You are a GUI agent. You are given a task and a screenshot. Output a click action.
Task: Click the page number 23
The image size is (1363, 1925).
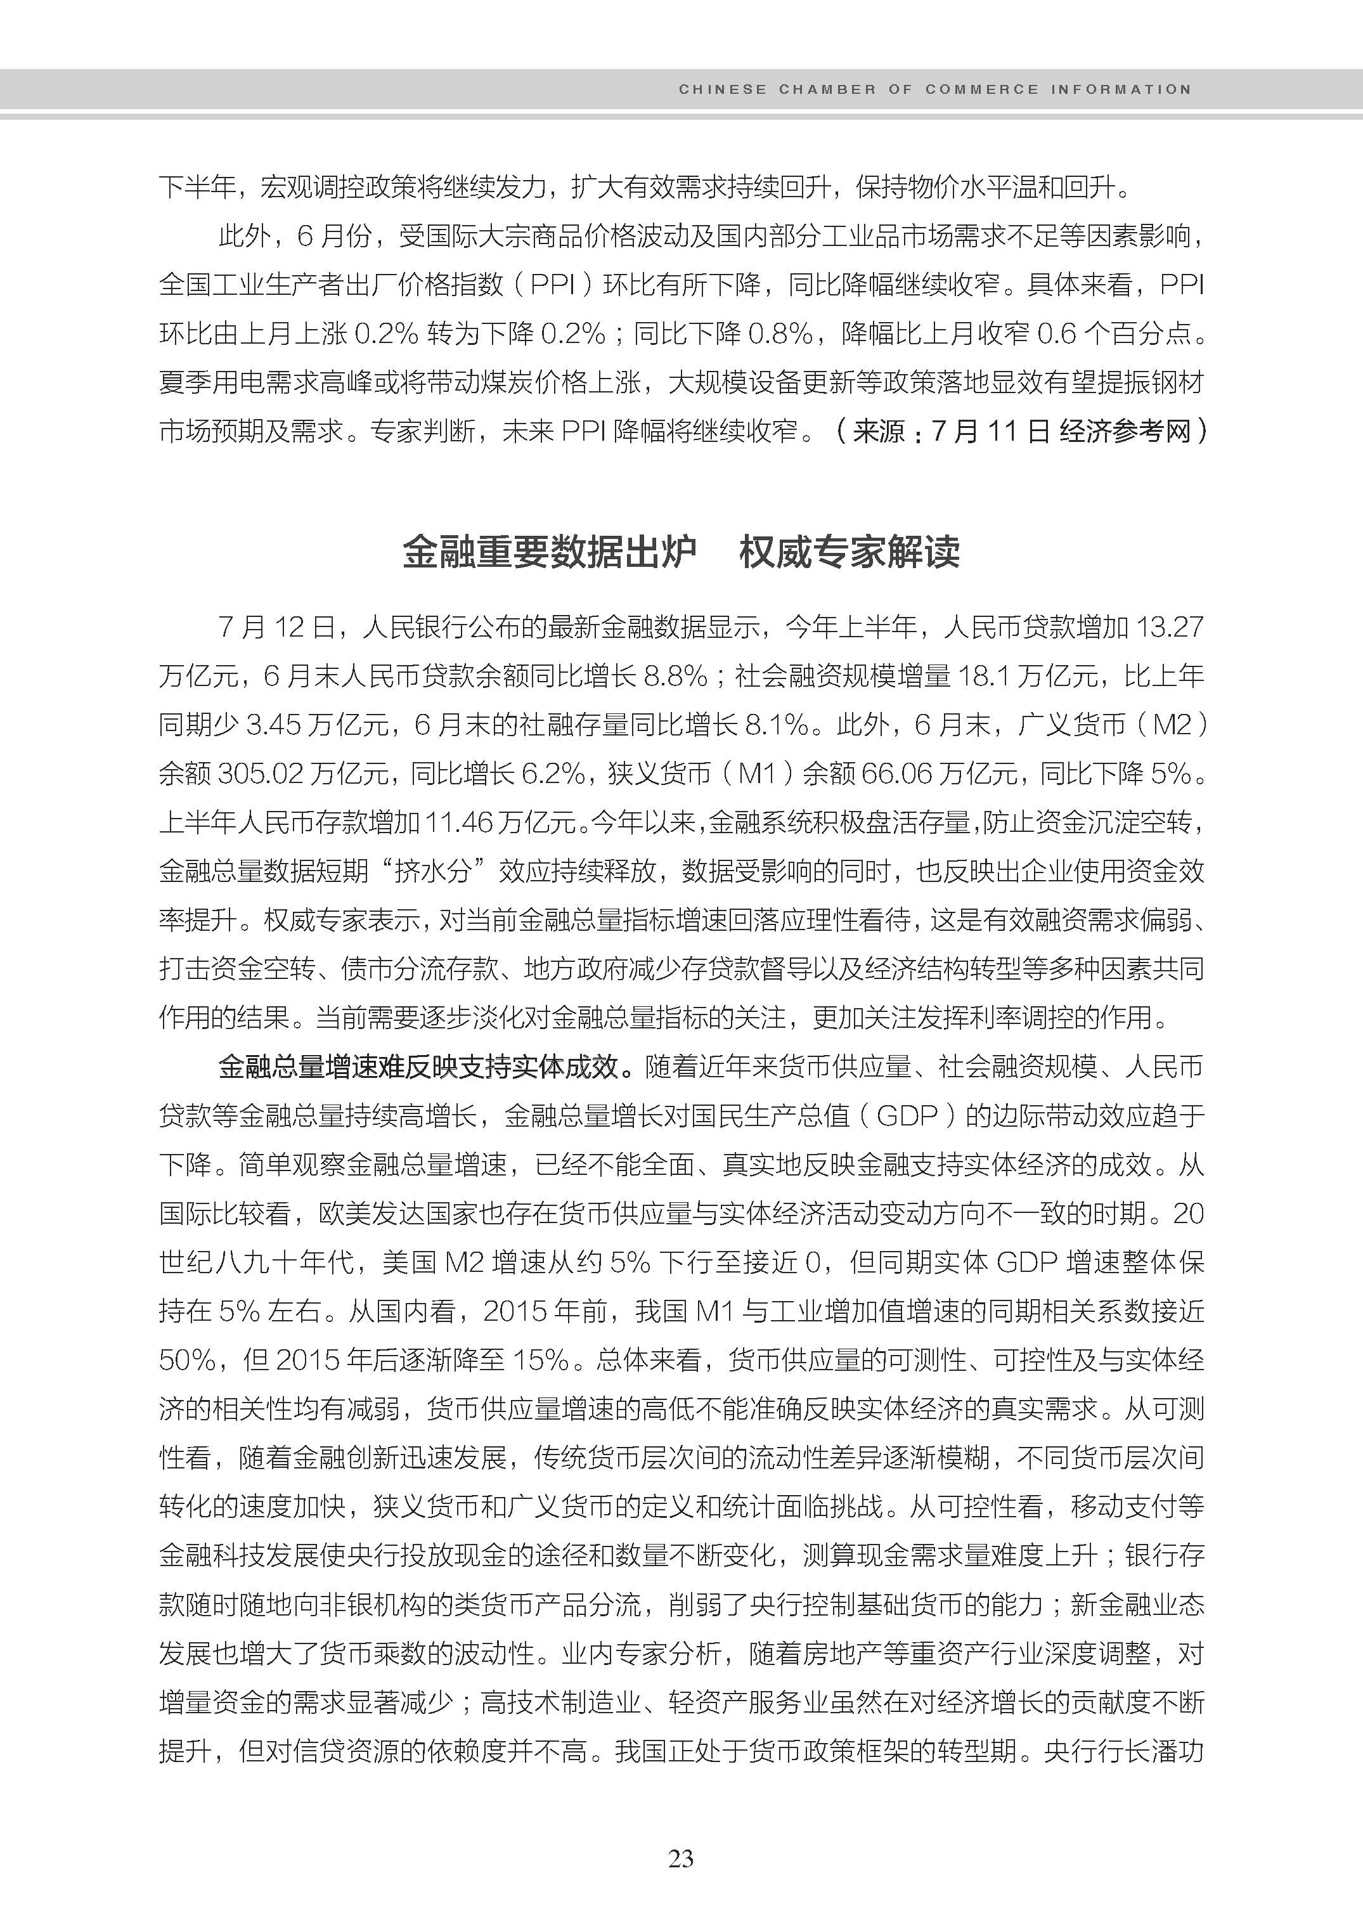[681, 1860]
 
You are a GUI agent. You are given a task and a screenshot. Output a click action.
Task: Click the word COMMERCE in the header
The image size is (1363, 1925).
[981, 89]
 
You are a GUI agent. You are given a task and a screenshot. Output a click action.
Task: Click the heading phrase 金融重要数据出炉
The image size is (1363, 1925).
[550, 552]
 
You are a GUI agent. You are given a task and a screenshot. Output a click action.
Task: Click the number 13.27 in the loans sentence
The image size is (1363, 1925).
[1169, 627]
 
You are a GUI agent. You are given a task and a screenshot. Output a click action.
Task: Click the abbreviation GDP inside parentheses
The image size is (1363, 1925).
[907, 1116]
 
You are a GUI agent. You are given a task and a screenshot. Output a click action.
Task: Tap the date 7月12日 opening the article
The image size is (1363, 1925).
[276, 627]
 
